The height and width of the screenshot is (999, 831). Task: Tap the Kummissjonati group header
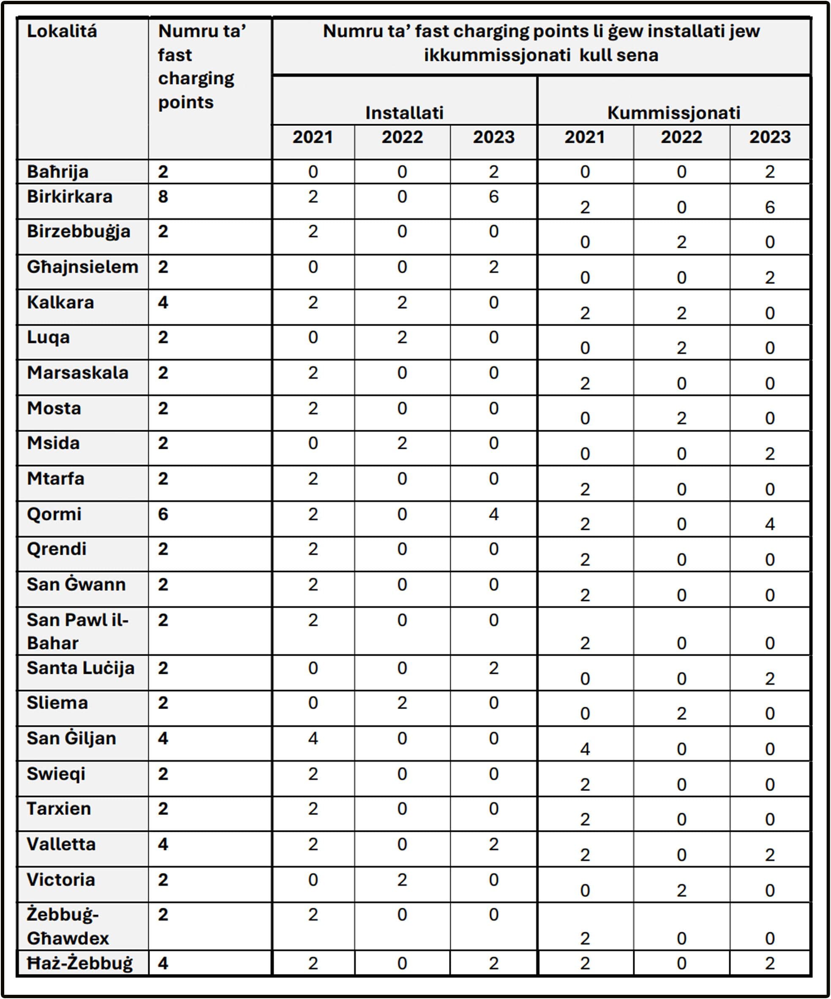click(x=673, y=113)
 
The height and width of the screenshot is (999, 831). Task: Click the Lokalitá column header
click(x=62, y=31)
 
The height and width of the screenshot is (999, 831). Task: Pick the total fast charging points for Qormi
click(x=163, y=514)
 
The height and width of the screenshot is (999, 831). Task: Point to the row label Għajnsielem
click(x=82, y=267)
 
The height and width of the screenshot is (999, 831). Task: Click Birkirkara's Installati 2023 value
click(x=493, y=196)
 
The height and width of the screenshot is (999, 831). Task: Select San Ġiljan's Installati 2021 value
click(x=313, y=738)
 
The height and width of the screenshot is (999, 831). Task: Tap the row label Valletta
click(x=61, y=844)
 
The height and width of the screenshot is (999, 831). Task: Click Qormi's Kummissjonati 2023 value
click(x=770, y=524)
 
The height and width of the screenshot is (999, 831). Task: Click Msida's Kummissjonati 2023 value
click(x=770, y=453)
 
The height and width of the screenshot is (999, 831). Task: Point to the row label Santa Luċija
click(x=80, y=668)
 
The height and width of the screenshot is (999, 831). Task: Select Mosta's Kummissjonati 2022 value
click(x=681, y=418)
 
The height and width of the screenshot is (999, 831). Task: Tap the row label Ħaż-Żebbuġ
click(x=80, y=964)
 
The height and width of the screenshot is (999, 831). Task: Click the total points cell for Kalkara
click(x=163, y=303)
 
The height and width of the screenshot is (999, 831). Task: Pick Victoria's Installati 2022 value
click(x=402, y=880)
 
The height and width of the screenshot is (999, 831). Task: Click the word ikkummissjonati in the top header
click(x=497, y=55)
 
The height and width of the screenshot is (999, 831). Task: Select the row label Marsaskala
click(x=78, y=372)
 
